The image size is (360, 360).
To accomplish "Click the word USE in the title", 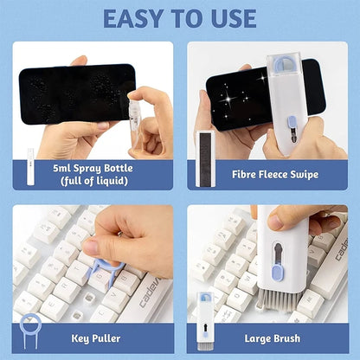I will coord(228,18).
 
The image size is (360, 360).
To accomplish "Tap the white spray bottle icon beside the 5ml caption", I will coord(30,164).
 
